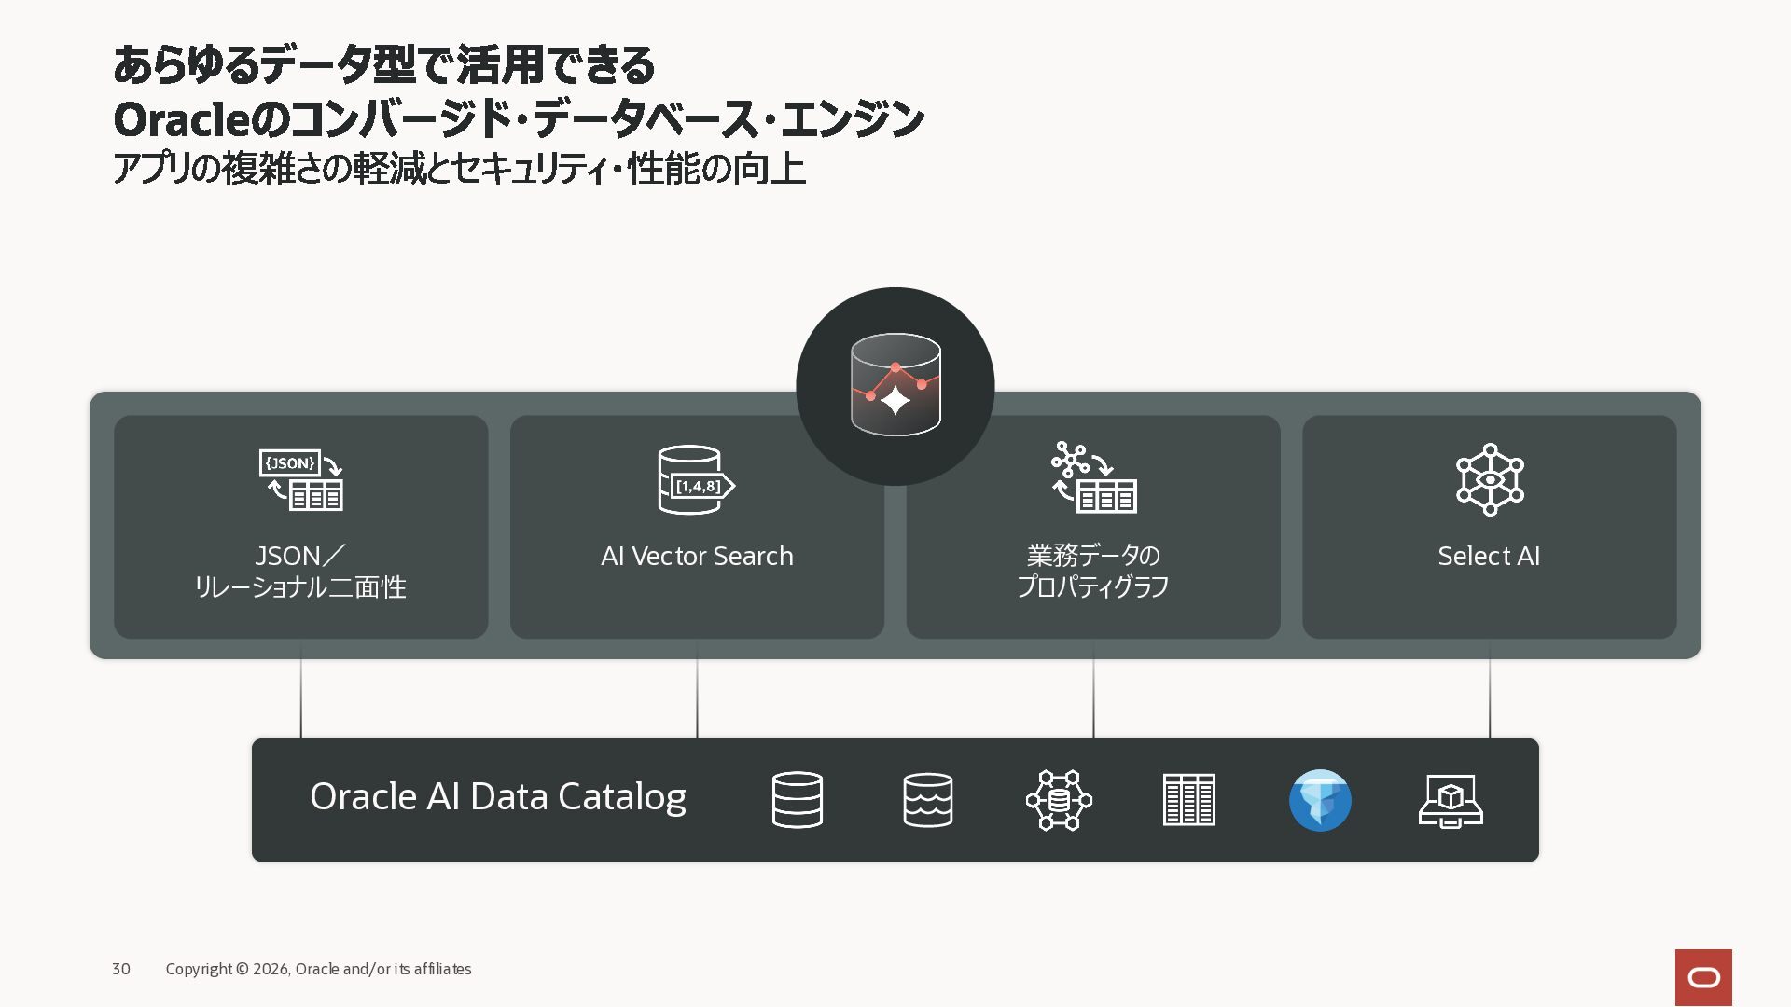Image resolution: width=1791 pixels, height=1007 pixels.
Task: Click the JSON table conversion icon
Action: [301, 479]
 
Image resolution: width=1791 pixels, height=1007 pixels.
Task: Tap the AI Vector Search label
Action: [697, 556]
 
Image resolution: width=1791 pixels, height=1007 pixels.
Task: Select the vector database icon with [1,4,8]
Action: [696, 479]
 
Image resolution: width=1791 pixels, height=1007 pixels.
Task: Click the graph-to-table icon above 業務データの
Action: [1093, 477]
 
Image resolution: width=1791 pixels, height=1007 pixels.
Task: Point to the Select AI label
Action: [1489, 556]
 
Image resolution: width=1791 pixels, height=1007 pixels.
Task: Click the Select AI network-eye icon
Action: [1490, 479]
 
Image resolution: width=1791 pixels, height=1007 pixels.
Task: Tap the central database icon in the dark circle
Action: [895, 384]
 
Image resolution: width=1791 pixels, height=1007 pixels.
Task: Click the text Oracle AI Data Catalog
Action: [498, 797]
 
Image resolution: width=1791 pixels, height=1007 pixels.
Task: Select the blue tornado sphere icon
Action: [1320, 800]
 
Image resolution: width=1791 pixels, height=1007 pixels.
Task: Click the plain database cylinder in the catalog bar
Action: [798, 800]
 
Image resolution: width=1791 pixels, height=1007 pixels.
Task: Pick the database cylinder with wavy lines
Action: [928, 800]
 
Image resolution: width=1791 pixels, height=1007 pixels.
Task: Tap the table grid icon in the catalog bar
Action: [1189, 800]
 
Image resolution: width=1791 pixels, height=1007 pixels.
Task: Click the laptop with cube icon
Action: [1451, 801]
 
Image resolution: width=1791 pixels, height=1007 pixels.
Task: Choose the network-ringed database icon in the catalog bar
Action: [1059, 800]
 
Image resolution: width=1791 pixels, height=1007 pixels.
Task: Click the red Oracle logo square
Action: [1703, 977]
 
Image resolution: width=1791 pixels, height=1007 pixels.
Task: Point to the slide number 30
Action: [121, 969]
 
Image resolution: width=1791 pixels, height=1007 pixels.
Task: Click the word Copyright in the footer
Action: [199, 969]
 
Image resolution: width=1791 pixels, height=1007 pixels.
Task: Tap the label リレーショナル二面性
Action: [300, 587]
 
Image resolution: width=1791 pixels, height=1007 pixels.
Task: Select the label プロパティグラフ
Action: [1093, 586]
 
